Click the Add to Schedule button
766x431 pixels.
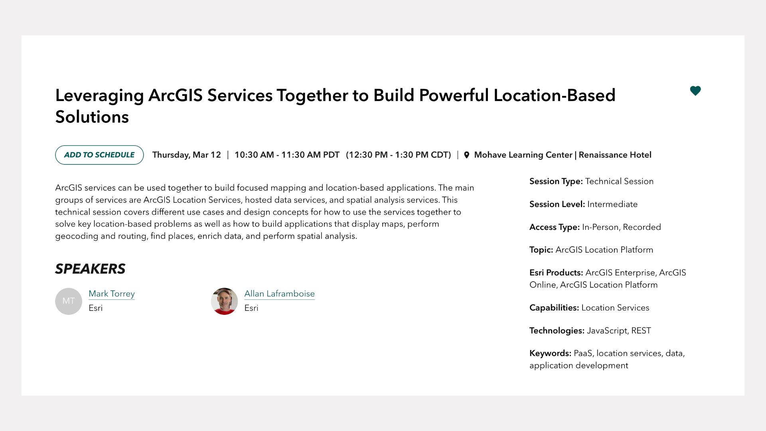99,155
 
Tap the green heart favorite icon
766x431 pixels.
695,91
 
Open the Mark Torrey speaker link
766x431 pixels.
112,294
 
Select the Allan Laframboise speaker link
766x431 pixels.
279,294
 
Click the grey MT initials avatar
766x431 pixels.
69,301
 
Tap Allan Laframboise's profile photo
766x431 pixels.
224,301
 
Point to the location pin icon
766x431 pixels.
466,155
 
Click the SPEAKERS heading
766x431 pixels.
90,269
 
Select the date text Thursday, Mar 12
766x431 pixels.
187,155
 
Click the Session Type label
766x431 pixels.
556,181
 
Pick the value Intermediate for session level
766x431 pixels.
612,204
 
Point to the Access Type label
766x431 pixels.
555,227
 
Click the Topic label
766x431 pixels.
541,250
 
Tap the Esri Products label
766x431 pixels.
556,273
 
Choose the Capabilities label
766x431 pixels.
554,308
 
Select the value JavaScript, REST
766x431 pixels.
619,330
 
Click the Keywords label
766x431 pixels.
550,353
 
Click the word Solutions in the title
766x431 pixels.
92,117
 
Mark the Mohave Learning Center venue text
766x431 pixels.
523,155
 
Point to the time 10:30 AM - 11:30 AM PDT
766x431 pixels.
287,155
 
